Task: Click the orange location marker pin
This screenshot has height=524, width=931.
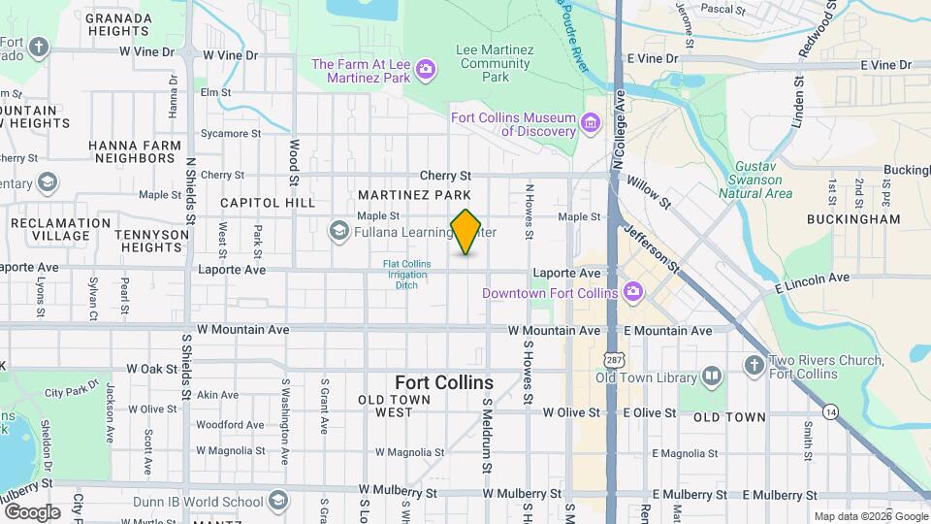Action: tap(465, 232)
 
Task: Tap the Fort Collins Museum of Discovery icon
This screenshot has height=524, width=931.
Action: tap(590, 124)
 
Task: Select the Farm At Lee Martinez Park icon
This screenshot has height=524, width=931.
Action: tap(425, 70)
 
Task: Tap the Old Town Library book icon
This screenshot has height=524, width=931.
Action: tap(712, 377)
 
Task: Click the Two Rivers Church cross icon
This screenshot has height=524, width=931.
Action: tap(754, 366)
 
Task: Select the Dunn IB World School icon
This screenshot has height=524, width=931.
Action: tap(278, 501)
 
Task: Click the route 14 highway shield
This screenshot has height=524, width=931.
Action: tap(830, 411)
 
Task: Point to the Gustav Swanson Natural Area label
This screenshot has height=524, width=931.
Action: tap(755, 180)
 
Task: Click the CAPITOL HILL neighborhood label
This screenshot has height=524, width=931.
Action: tap(268, 203)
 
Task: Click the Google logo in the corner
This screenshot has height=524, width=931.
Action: tap(32, 511)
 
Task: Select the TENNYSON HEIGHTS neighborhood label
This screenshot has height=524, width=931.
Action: tap(151, 242)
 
